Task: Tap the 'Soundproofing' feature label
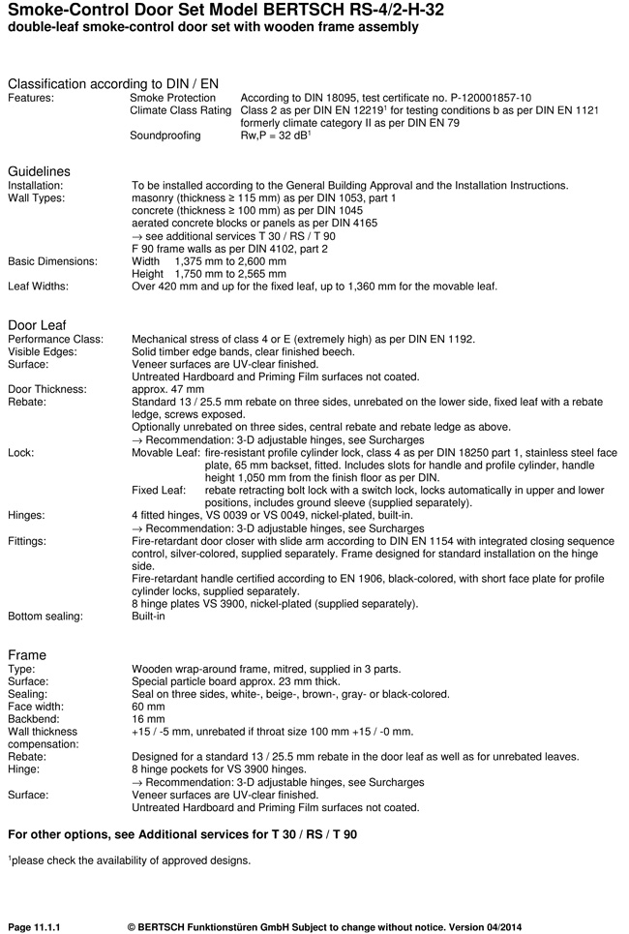coord(165,136)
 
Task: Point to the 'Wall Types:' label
coord(37,198)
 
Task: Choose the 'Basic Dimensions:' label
coord(53,261)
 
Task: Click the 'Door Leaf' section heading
coord(37,324)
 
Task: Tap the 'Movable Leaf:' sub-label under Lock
coord(165,452)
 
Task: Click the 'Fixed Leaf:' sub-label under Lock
coord(157,490)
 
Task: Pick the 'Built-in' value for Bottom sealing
coord(149,617)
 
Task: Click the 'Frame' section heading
coord(27,655)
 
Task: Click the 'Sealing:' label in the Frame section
coord(27,694)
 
